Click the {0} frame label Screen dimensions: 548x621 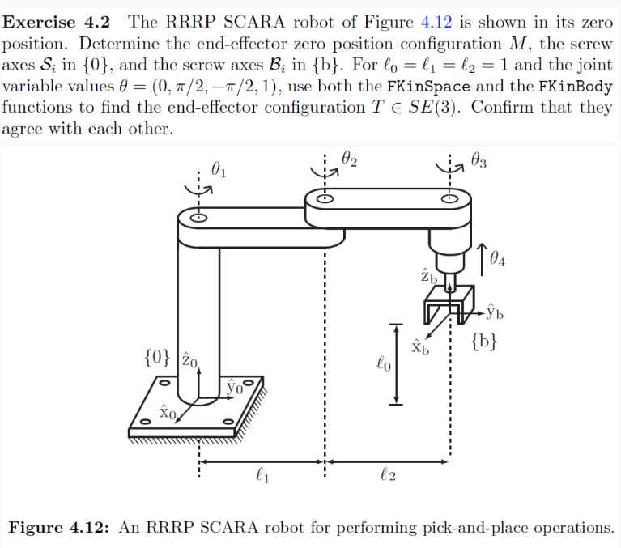tap(158, 356)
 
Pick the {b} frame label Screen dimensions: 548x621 tap(481, 344)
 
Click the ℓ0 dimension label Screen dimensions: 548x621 tap(384, 365)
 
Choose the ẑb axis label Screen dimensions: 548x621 tap(428, 275)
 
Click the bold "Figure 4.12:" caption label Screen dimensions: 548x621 tap(59, 528)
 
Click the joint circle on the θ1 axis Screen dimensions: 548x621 tap(198, 217)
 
